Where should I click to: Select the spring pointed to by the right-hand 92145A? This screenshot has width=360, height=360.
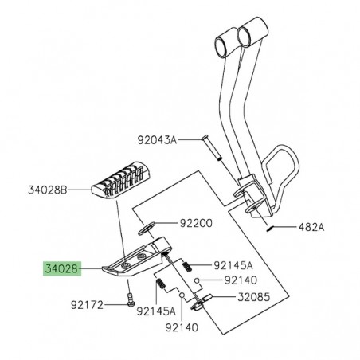[x=189, y=263]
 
